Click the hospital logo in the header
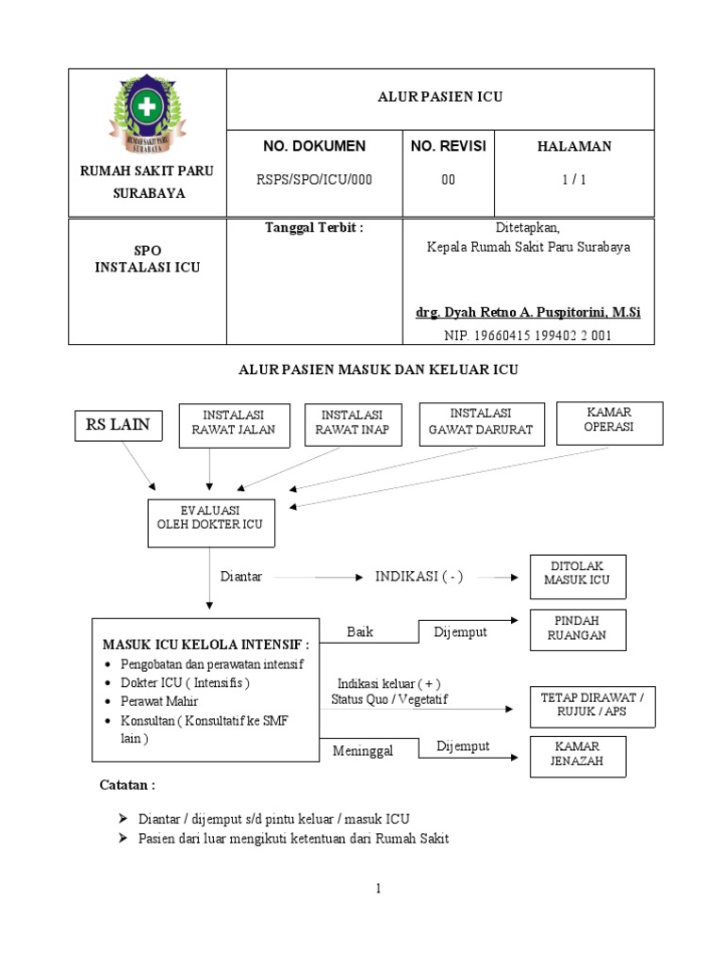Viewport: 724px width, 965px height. [146, 114]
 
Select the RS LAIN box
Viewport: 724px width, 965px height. [118, 425]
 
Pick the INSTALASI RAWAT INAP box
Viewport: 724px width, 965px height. [353, 425]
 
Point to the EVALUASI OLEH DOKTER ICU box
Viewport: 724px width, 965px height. [211, 521]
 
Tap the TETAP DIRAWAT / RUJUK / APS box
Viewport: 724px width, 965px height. [591, 706]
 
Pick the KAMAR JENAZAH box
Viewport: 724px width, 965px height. [576, 755]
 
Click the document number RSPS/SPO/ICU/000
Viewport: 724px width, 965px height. [314, 181]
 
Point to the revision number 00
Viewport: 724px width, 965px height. [449, 181]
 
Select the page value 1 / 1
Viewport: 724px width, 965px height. [574, 181]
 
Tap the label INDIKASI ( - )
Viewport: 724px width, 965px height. [420, 577]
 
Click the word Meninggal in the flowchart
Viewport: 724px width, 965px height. [362, 751]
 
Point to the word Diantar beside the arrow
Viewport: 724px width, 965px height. [241, 577]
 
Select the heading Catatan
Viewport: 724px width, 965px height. [127, 785]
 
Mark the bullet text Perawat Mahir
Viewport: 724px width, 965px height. [159, 702]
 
